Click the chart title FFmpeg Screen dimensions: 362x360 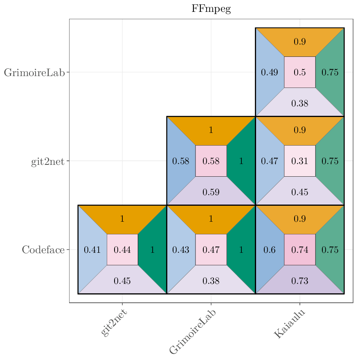point(211,9)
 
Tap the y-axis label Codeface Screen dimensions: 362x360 point(43,250)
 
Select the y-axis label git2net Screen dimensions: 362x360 point(47,161)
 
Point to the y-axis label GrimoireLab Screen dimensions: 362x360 point(34,73)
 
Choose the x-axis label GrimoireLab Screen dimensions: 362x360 point(193,331)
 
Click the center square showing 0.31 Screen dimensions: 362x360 point(299,161)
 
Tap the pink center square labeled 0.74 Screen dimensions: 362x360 point(299,250)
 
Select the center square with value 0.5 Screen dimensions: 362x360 point(299,72)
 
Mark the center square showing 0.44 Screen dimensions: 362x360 point(122,250)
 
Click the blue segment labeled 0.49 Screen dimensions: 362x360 point(269,72)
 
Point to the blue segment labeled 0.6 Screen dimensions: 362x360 point(269,250)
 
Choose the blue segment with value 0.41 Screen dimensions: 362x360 point(92,250)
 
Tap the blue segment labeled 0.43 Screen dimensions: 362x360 point(180,250)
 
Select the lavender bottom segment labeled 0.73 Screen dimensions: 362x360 point(299,281)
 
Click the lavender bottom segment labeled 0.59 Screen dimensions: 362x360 point(211,192)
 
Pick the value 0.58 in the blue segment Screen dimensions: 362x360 point(180,161)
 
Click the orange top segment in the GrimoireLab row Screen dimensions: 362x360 point(299,41)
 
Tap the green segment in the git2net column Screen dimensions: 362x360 point(153,250)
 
